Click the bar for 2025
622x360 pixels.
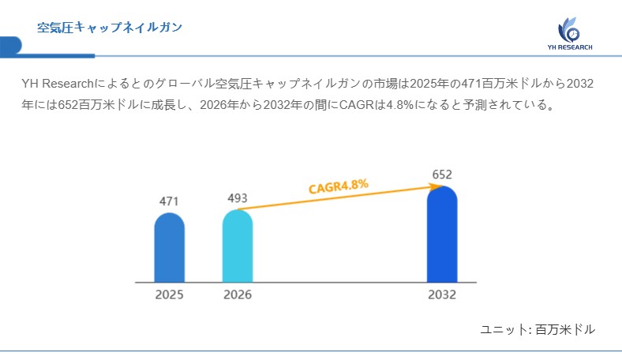pos(169,248)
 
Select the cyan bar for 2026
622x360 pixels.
pos(238,246)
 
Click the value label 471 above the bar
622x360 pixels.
pos(169,201)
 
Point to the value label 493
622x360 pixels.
pos(238,197)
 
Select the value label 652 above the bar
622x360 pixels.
pos(442,174)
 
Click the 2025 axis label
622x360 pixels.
pos(169,294)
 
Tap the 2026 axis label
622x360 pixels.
pos(238,294)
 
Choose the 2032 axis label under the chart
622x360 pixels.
pos(442,294)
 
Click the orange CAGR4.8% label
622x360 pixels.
pos(338,187)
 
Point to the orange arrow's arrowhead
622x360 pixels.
pos(435,186)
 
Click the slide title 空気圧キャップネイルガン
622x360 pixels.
pos(110,28)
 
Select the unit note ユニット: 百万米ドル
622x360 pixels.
pos(537,329)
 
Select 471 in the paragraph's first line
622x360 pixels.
pos(461,84)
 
